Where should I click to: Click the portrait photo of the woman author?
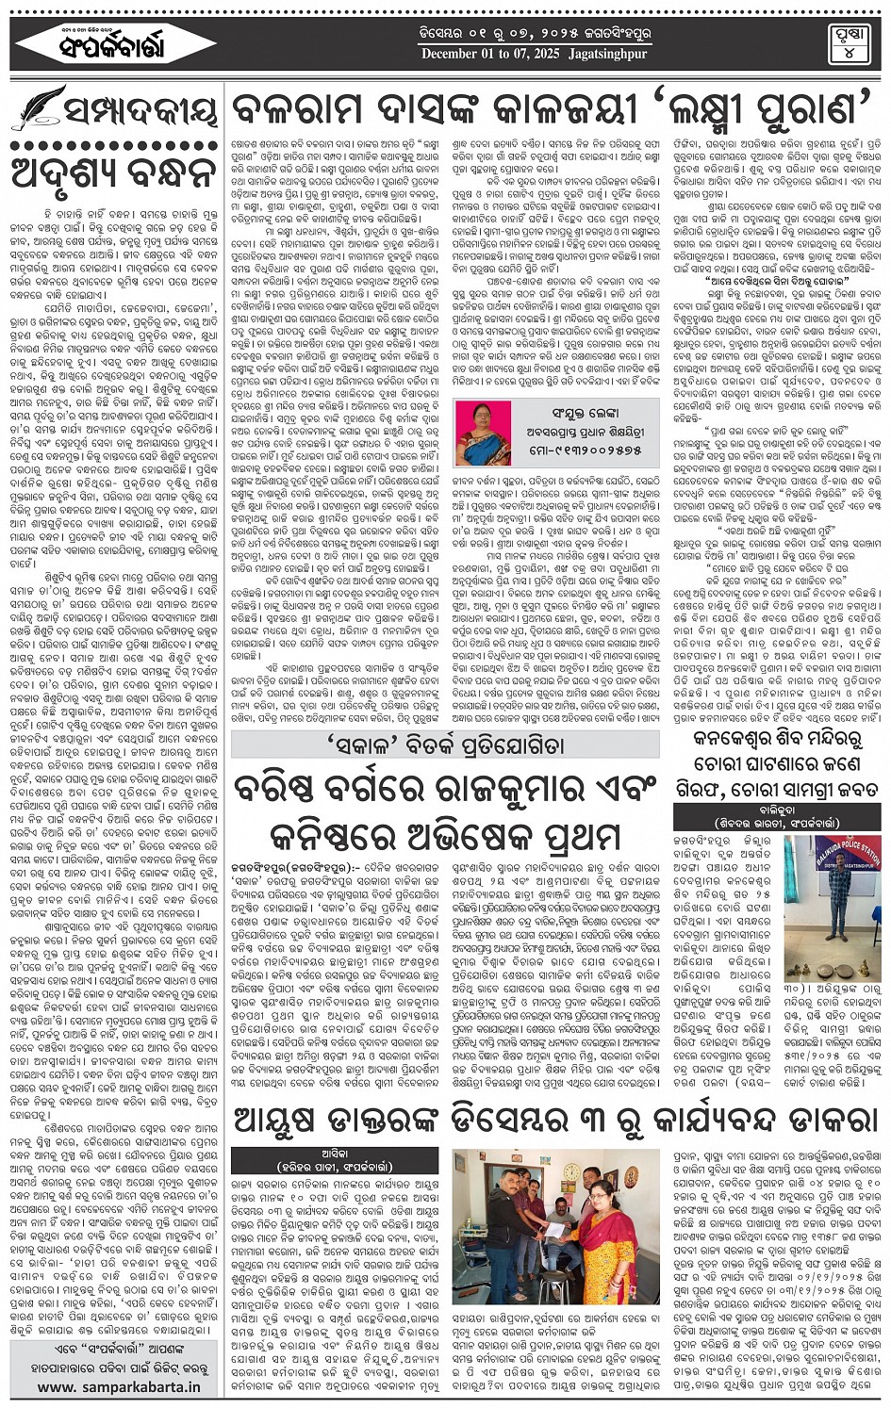[x=484, y=433]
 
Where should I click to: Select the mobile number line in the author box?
[x=575, y=450]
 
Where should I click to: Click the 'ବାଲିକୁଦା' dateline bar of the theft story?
[x=776, y=810]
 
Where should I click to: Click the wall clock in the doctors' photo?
[x=572, y=1172]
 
